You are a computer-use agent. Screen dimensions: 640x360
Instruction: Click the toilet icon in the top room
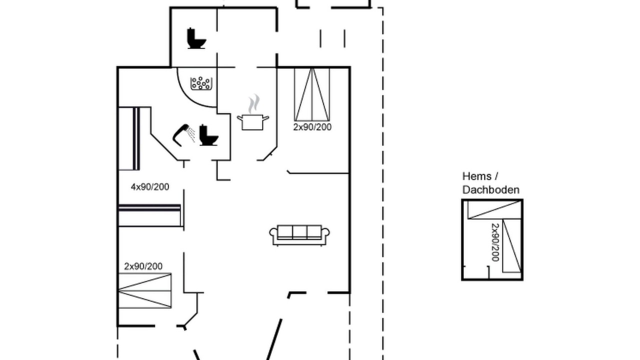coord(196,38)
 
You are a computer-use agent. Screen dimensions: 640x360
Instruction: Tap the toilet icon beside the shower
coord(208,135)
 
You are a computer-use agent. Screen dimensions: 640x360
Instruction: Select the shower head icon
coord(180,135)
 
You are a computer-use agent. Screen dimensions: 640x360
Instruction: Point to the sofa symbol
coord(299,235)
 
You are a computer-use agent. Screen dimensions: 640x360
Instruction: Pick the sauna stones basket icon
coord(201,83)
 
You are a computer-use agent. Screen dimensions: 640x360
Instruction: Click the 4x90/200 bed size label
coord(150,187)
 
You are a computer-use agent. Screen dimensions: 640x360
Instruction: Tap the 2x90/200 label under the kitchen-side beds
coord(312,127)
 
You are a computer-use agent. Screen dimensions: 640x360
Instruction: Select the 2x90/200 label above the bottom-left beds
coord(143,266)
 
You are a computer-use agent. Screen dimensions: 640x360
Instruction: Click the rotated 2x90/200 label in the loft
coord(495,242)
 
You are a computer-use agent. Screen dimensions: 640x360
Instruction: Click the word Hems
coord(477,176)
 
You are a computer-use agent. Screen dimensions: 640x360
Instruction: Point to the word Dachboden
coord(491,190)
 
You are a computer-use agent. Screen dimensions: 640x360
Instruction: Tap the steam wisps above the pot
coord(253,104)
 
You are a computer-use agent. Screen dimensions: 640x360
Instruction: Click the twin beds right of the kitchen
coord(312,94)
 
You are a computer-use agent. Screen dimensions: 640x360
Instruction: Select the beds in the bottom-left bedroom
coord(145,291)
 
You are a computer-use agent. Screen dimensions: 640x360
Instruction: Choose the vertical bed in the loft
coord(512,245)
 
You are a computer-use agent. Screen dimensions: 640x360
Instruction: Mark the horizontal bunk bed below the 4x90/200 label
coord(149,215)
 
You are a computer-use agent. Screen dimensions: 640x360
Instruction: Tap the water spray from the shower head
coord(191,133)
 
